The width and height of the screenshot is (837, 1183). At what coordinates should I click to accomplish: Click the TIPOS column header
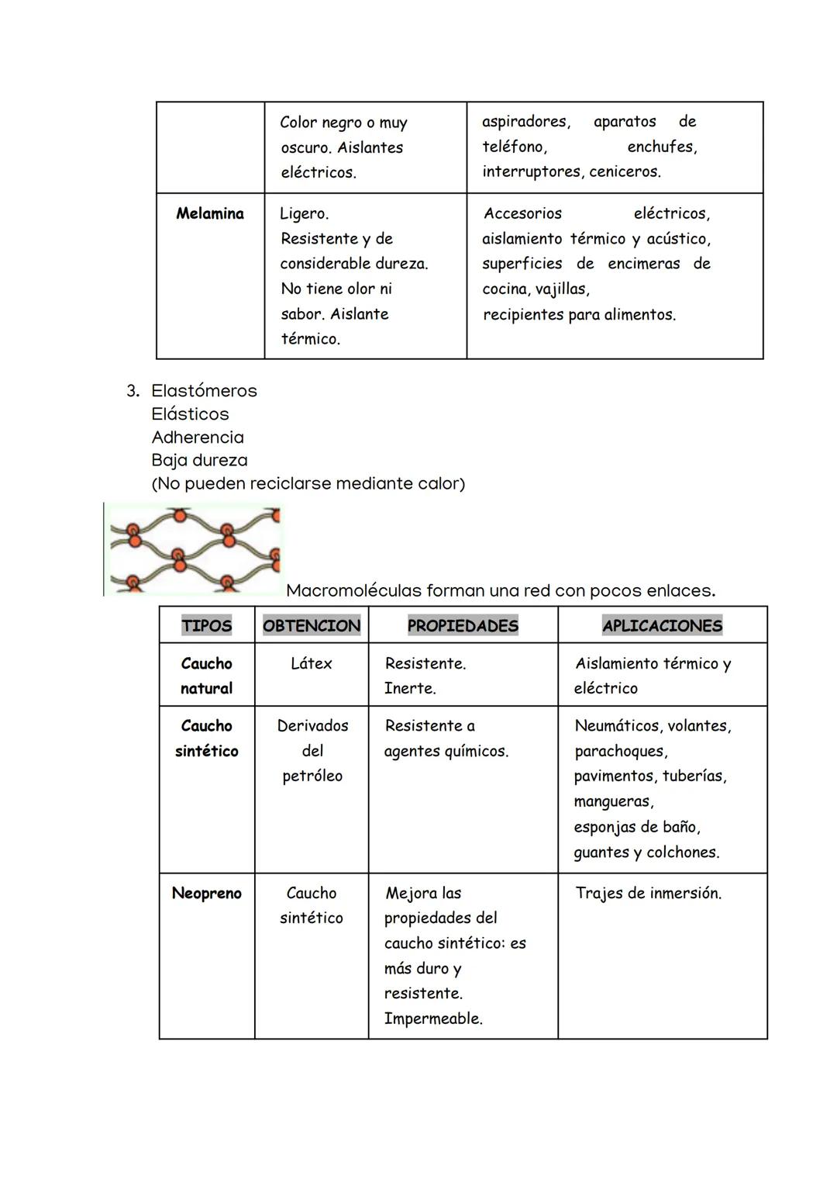(206, 625)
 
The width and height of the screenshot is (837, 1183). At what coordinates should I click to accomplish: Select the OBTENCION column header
(312, 625)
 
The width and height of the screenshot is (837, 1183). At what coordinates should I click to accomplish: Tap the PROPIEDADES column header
(463, 625)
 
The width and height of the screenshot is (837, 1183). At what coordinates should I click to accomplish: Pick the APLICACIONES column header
(662, 625)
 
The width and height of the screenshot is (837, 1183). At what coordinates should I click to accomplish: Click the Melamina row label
(209, 213)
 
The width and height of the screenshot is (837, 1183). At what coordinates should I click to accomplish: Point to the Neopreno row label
(206, 893)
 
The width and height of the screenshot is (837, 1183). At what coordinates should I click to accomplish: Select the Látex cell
(312, 663)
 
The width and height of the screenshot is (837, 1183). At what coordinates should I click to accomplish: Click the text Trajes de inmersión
(648, 893)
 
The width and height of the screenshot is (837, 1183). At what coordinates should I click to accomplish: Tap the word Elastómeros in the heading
(204, 390)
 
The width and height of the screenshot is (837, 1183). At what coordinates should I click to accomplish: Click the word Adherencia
(198, 437)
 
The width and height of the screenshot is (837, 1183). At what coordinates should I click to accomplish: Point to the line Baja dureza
(199, 460)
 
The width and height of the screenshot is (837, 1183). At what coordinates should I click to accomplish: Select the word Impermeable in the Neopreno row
(432, 1019)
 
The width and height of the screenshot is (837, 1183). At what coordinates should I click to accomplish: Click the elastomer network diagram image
(194, 548)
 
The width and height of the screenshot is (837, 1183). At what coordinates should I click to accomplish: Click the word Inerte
(409, 688)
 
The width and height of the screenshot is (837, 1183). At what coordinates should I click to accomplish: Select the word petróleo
(312, 776)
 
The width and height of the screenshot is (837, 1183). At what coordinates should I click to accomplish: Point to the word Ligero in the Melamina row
(303, 213)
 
